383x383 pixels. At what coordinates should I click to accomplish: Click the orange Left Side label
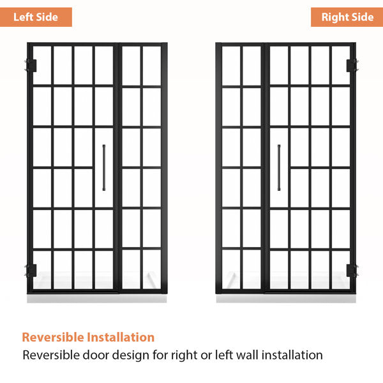(36, 17)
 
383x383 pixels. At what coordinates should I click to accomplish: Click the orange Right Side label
(347, 17)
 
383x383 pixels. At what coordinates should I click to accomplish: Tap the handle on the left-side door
(104, 167)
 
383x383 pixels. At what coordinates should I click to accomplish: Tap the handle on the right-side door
(279, 167)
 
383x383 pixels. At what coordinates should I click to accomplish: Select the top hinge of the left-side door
(31, 66)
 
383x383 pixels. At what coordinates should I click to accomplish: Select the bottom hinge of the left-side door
(31, 271)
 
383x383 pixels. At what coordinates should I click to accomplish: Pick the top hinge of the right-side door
(352, 66)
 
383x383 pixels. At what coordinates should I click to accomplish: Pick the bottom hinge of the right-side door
(352, 271)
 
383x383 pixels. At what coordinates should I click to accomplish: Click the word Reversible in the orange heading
(53, 337)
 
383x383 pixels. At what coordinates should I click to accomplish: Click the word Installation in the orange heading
(121, 337)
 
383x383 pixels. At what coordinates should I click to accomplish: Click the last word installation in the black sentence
(292, 355)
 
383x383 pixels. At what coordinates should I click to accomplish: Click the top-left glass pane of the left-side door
(42, 65)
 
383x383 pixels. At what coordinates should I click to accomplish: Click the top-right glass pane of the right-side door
(341, 65)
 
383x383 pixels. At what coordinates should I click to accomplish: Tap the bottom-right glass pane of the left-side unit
(152, 269)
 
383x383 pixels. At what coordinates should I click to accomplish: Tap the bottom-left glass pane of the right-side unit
(231, 269)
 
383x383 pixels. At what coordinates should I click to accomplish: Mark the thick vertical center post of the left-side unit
(117, 168)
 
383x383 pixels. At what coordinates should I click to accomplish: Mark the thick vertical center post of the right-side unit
(266, 168)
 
